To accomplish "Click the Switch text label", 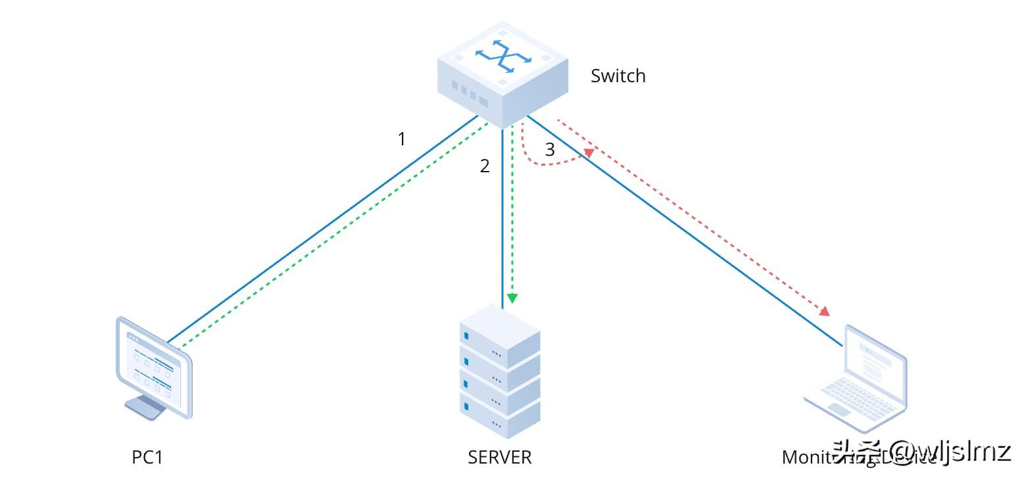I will [618, 76].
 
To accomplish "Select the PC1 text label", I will [147, 457].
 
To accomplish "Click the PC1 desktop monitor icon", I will [154, 368].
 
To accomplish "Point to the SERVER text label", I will [499, 457].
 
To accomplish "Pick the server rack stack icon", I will [500, 372].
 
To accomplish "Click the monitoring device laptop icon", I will [856, 372].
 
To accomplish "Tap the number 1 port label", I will [402, 139].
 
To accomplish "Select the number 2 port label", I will [485, 166].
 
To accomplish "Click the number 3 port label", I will [550, 150].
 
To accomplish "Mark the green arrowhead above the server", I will [512, 299].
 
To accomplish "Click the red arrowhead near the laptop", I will [823, 310].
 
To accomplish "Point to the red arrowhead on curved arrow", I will [589, 153].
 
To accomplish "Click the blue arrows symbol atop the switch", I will [502, 57].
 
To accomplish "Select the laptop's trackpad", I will [839, 410].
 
